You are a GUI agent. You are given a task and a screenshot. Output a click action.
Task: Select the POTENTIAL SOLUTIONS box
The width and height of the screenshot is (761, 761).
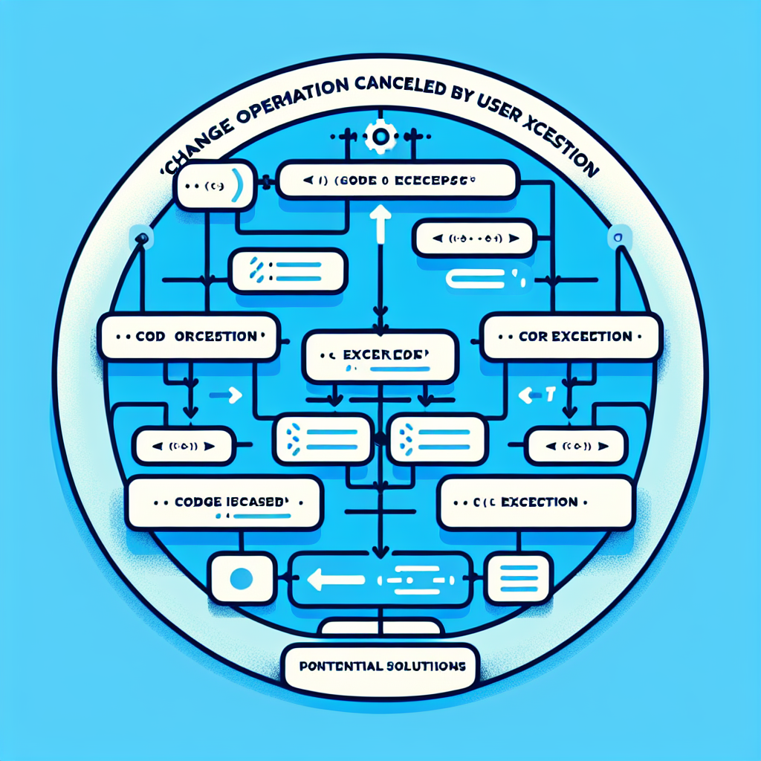click(379, 666)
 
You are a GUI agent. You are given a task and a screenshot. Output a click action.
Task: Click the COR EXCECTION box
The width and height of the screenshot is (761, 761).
click(571, 337)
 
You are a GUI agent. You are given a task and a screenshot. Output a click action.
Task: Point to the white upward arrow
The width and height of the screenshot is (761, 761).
click(380, 221)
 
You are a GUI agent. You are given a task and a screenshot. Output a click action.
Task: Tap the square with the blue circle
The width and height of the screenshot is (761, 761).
click(239, 577)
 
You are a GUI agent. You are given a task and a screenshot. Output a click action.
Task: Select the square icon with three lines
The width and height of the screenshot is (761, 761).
click(518, 577)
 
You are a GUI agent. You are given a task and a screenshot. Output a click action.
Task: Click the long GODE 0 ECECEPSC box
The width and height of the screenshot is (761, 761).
click(398, 181)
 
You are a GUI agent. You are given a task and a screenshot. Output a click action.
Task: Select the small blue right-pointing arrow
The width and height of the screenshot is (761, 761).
click(226, 396)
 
